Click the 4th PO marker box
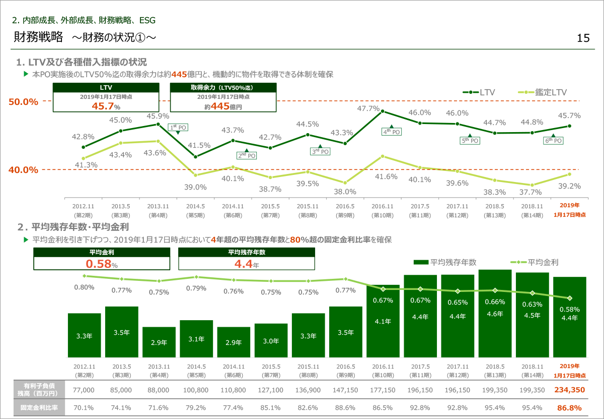pos(392,132)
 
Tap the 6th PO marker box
pos(553,141)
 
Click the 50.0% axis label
pos(24,101)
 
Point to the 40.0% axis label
pos(24,170)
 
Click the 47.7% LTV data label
pos(368,108)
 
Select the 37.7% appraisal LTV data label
pos(532,192)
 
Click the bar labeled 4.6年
pos(495,314)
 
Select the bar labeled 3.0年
pos(271,340)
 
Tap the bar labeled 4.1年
pos(383,321)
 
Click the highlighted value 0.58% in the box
pos(101,264)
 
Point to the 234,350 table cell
pos(569,390)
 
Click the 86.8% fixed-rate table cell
pos(569,407)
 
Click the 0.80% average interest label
pos(84,287)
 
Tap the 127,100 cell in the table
pos(271,390)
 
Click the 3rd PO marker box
pos(320,151)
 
